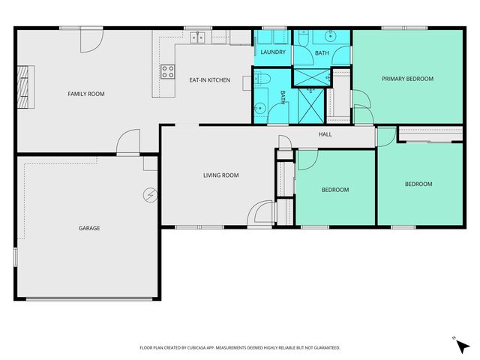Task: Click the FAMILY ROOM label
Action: click(85, 94)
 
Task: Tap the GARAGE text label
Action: click(89, 228)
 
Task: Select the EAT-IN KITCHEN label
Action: click(209, 80)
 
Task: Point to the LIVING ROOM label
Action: click(220, 175)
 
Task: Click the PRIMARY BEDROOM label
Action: click(407, 79)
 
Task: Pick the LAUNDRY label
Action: click(272, 52)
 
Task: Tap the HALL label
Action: click(325, 135)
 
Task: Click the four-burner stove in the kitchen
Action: click(166, 73)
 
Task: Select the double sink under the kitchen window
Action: click(198, 36)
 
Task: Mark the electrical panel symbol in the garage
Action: click(150, 194)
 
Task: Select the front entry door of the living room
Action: click(259, 213)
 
